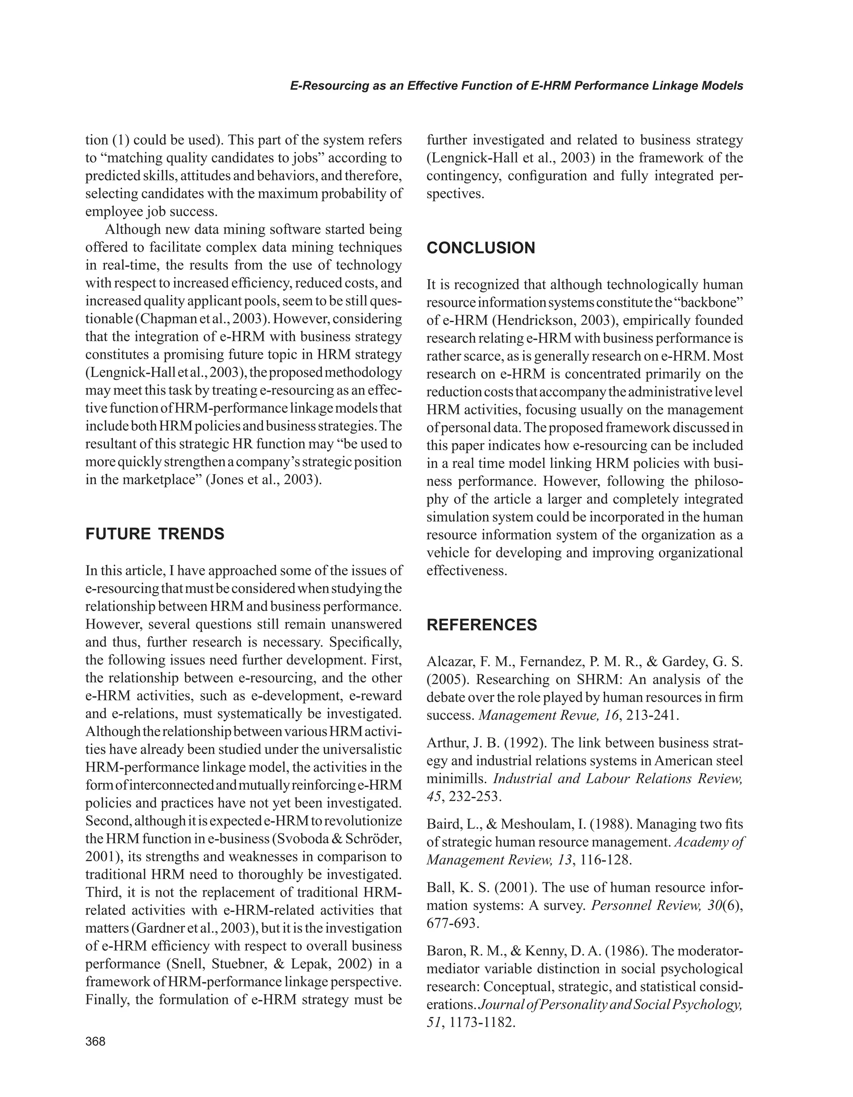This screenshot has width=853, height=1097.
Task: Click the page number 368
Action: click(95, 1042)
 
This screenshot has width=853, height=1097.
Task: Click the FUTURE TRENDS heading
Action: click(155, 534)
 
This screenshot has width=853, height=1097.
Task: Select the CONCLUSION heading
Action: click(481, 248)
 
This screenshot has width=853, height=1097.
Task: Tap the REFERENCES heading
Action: click(481, 625)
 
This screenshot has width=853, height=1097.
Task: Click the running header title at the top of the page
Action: click(516, 86)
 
